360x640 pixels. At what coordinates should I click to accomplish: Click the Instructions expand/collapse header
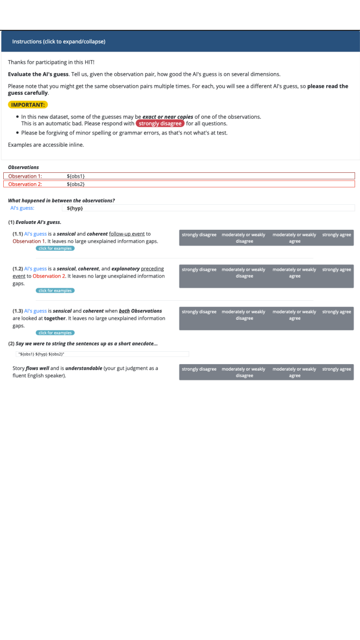[59, 41]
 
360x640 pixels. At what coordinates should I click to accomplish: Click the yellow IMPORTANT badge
[28, 105]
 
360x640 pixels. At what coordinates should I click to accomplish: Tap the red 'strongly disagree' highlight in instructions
[160, 124]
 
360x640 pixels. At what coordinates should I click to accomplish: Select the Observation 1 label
[25, 176]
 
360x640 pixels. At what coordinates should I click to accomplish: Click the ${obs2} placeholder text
[76, 184]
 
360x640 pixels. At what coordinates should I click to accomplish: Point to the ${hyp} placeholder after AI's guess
[75, 208]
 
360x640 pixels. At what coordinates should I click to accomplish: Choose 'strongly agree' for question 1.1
[337, 235]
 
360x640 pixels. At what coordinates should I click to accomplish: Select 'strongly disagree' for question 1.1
[199, 235]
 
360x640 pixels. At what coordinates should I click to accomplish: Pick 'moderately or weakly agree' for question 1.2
[294, 273]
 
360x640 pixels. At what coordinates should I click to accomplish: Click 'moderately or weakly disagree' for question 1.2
[243, 273]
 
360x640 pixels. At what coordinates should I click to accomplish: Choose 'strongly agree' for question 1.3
[337, 312]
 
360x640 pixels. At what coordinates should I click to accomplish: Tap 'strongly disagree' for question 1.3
[199, 312]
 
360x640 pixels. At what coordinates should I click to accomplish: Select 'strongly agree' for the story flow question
[337, 369]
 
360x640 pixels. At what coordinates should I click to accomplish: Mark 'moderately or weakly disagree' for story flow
[243, 372]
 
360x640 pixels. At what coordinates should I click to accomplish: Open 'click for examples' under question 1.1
[55, 248]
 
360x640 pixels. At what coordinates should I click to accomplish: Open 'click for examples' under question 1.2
[55, 290]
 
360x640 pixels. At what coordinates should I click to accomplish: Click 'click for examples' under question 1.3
[55, 333]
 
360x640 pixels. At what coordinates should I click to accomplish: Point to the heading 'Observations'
[23, 167]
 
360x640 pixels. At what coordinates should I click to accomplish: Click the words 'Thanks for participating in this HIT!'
[51, 62]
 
